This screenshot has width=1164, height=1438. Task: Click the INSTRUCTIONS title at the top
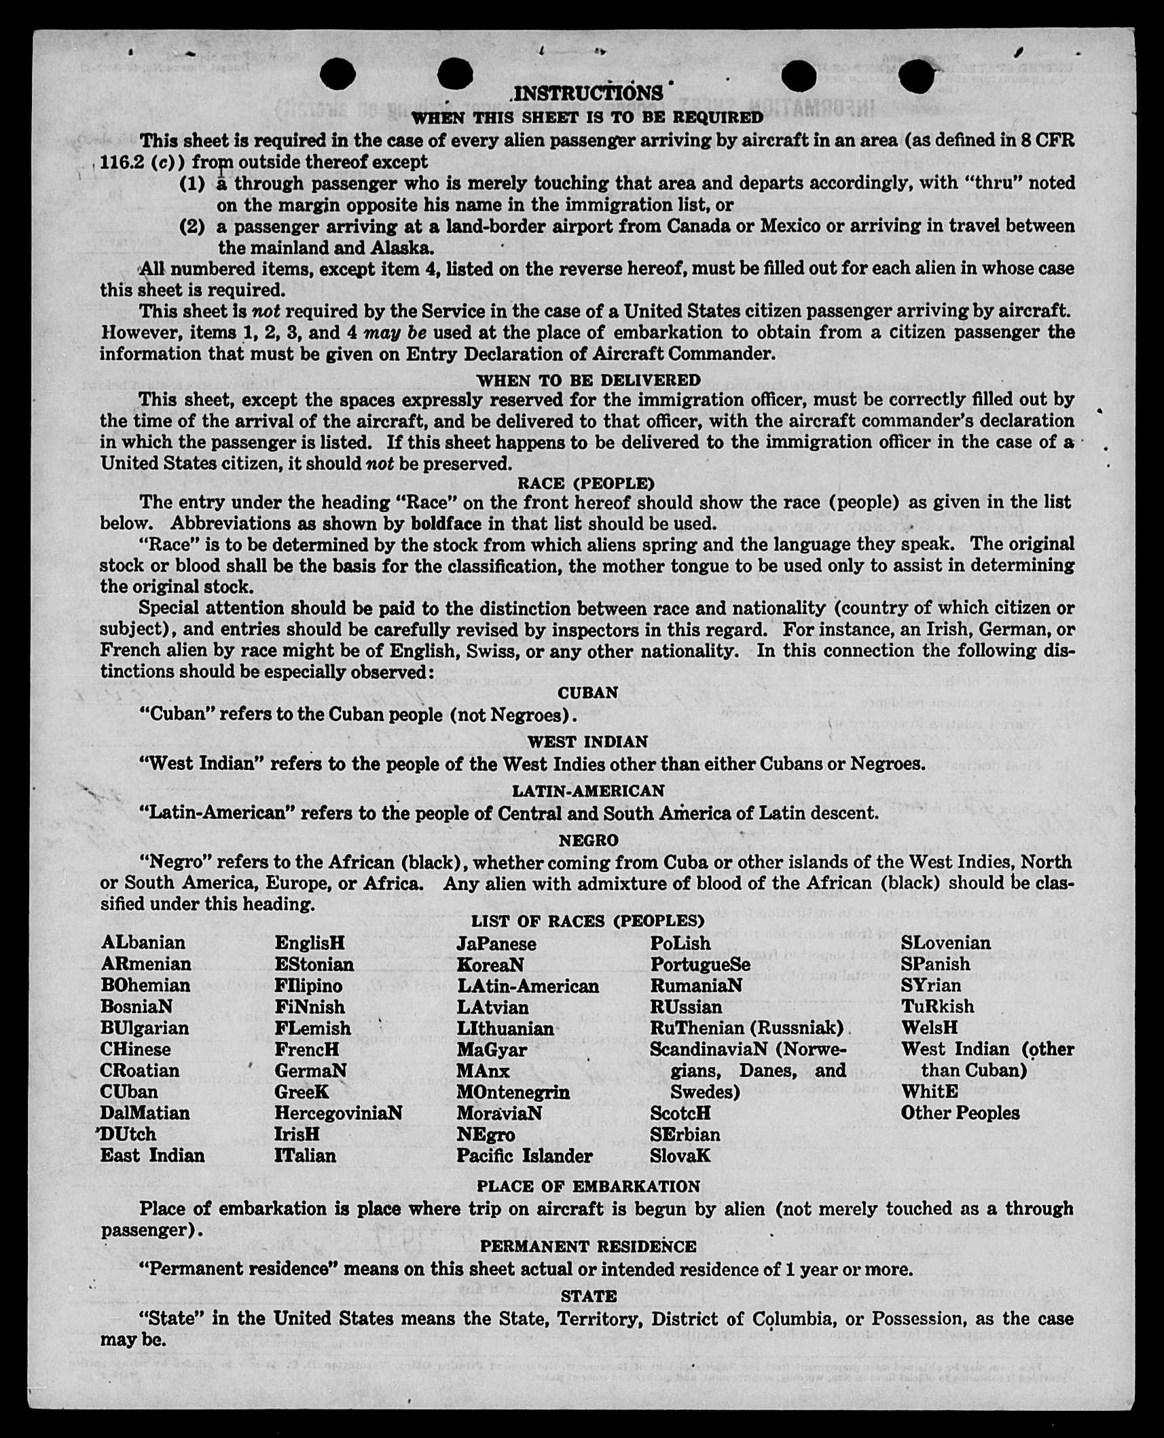pyautogui.click(x=588, y=94)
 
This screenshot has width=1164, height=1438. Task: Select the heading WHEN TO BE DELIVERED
pyautogui.click(x=588, y=380)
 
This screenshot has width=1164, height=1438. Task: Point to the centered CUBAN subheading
pyautogui.click(x=587, y=693)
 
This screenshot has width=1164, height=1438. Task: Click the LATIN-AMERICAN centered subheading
pyautogui.click(x=587, y=791)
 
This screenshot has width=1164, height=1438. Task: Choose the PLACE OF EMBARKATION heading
pyautogui.click(x=588, y=1186)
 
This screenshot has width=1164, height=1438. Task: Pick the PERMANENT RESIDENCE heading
pyautogui.click(x=588, y=1247)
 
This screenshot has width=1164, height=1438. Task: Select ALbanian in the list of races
pyautogui.click(x=143, y=942)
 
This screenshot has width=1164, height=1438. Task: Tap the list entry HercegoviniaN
pyautogui.click(x=338, y=1113)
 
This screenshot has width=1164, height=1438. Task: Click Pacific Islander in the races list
pyautogui.click(x=524, y=1156)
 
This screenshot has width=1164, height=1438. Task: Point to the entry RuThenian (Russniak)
pyautogui.click(x=746, y=1028)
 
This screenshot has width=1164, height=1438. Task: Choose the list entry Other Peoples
pyautogui.click(x=960, y=1113)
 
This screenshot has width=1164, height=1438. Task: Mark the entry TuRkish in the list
pyautogui.click(x=937, y=1006)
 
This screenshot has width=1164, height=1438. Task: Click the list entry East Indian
pyautogui.click(x=152, y=1156)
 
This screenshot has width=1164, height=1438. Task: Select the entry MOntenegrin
pyautogui.click(x=513, y=1092)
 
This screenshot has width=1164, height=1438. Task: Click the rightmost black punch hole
pyautogui.click(x=920, y=76)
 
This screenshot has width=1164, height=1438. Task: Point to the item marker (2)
pyautogui.click(x=192, y=226)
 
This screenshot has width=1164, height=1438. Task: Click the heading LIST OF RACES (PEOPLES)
pyautogui.click(x=587, y=921)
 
